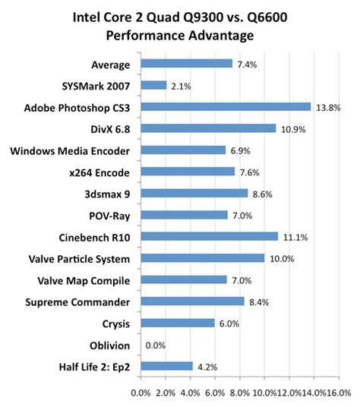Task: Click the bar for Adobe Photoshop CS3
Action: pos(226,107)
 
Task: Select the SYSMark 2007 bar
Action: pos(153,85)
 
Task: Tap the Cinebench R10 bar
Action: pos(209,236)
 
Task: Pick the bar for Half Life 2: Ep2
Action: pos(166,365)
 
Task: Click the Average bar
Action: pos(186,64)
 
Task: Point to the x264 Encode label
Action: pos(98,172)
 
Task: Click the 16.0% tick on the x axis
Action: pos(339,393)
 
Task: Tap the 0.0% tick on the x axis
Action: pos(141,393)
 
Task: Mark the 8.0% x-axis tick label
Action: pos(239,393)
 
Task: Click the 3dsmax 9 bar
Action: pos(194,193)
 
